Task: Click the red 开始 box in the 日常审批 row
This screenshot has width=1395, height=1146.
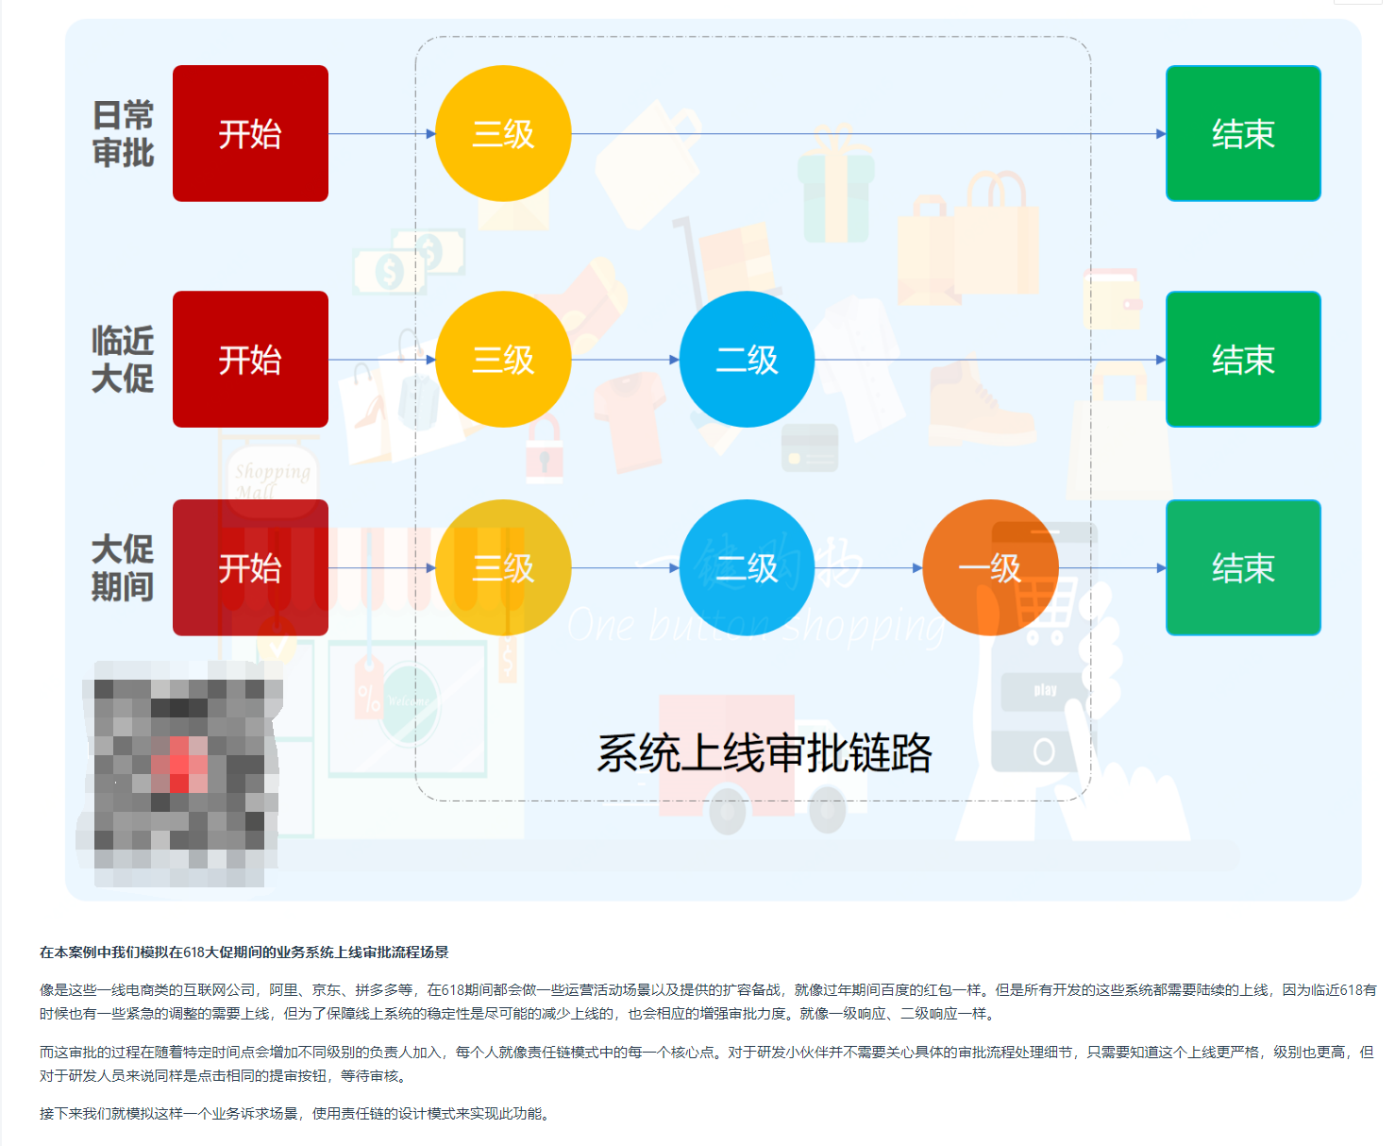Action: [x=250, y=133]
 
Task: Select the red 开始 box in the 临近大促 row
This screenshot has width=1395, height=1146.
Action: [x=250, y=359]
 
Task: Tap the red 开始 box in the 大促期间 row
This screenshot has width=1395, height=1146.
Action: [x=250, y=567]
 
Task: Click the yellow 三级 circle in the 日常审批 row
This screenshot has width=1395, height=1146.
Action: [x=503, y=133]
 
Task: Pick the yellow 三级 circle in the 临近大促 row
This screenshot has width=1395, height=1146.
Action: [x=503, y=359]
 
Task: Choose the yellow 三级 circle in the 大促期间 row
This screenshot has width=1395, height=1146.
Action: [x=503, y=567]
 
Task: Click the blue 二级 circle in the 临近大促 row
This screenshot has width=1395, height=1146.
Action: [x=747, y=359]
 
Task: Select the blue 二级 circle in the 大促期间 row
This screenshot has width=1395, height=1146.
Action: [x=747, y=567]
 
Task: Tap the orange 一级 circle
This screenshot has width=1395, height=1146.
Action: [x=990, y=567]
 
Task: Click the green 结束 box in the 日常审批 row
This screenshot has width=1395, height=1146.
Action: [x=1243, y=133]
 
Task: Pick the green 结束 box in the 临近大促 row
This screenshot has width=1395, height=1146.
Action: [x=1243, y=359]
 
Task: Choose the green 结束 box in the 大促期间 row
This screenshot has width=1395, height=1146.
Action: [x=1243, y=567]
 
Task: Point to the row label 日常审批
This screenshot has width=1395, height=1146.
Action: [x=123, y=133]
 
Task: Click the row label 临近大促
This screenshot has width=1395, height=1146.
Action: [x=123, y=359]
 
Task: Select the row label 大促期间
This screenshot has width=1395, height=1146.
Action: [x=123, y=567]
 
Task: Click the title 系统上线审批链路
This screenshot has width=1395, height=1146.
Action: [x=765, y=752]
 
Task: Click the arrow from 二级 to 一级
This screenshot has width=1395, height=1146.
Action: [x=868, y=568]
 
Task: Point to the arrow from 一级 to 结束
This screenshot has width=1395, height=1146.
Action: [x=1112, y=568]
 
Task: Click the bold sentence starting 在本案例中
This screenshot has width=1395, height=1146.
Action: [x=244, y=952]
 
